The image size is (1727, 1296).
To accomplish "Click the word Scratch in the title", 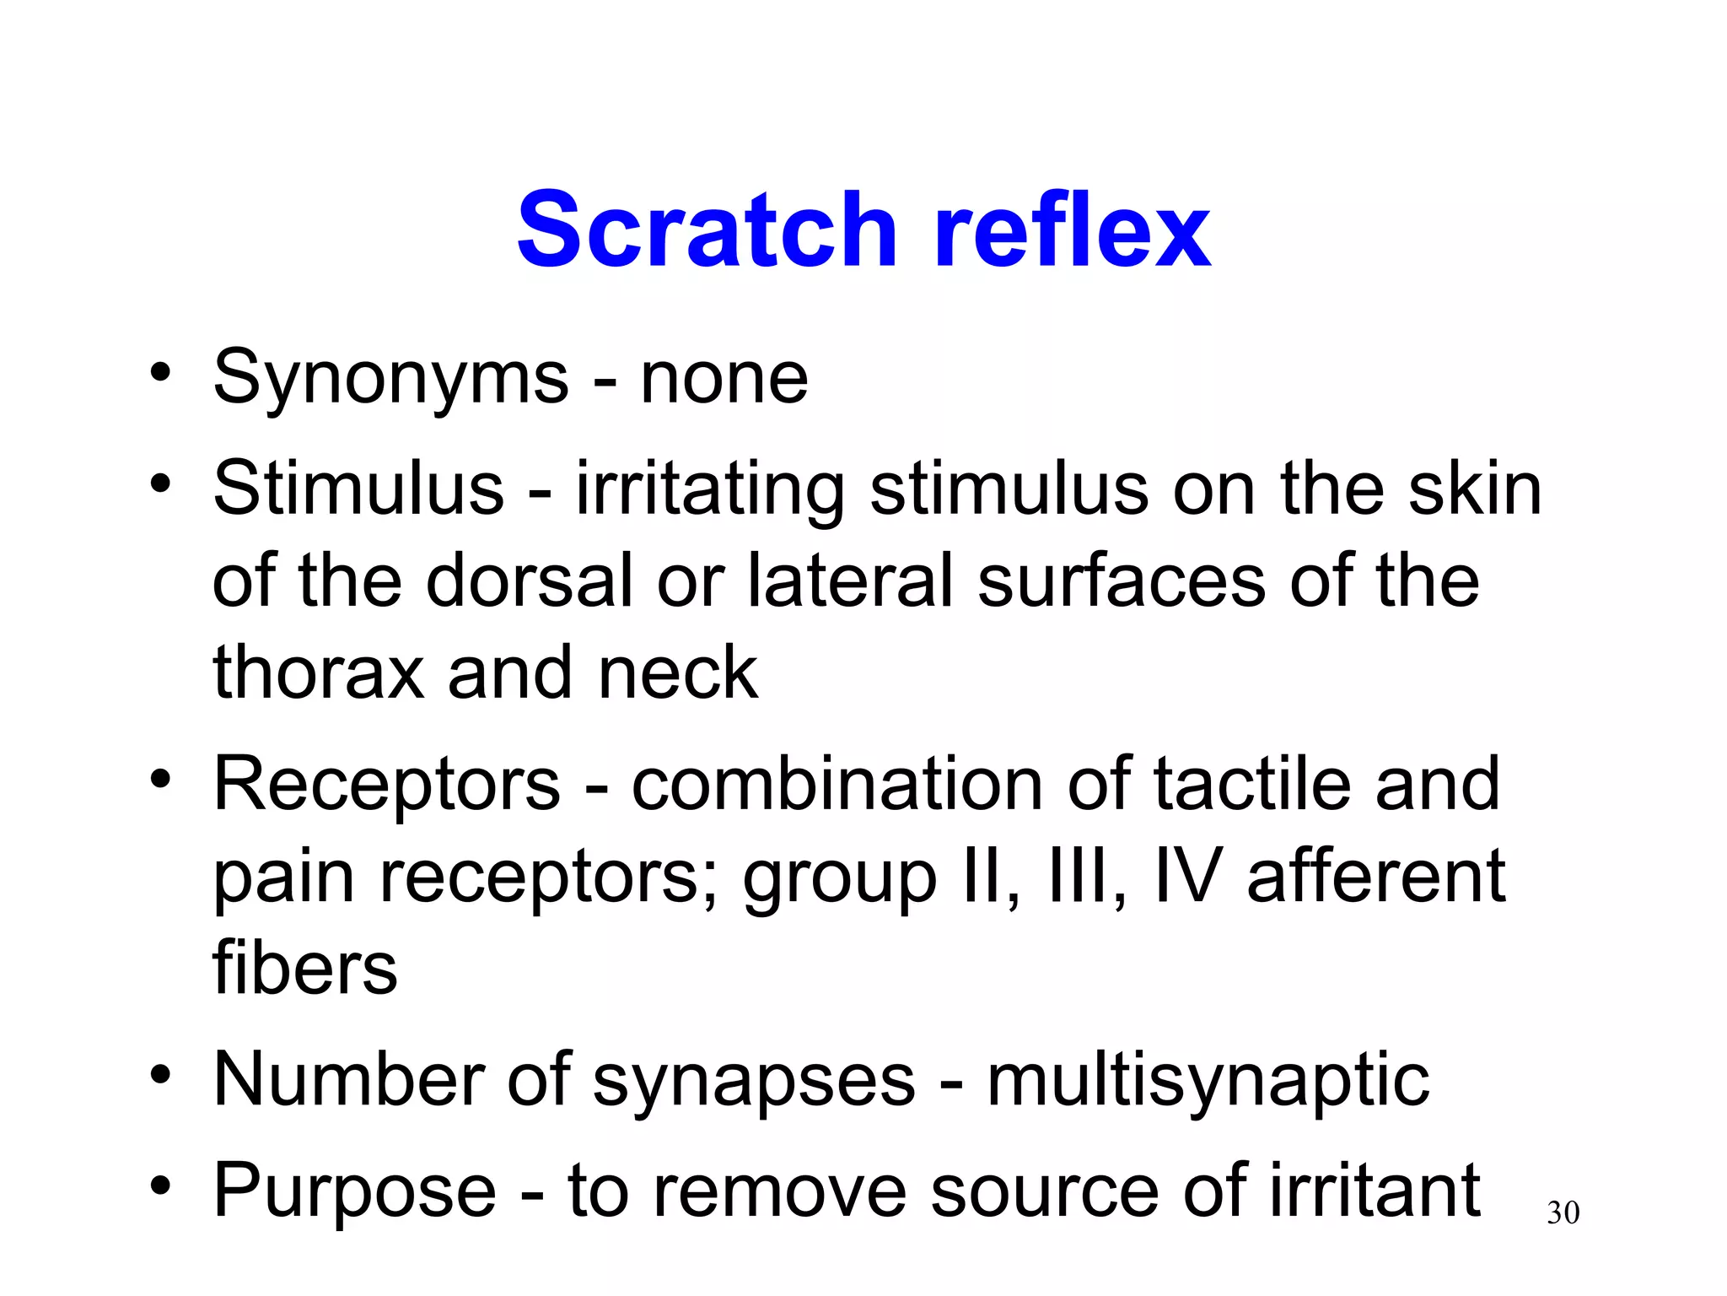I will point(707,229).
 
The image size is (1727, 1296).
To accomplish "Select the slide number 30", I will point(1563,1213).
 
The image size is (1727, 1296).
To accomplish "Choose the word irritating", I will point(710,491).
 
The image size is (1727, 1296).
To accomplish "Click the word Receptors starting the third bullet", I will point(387,785).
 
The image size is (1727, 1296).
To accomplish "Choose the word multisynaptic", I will point(1208,1082).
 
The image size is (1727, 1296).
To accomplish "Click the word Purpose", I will point(355,1192).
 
